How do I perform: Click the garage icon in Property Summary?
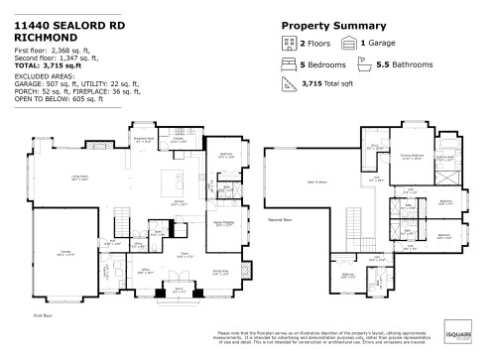(x=348, y=44)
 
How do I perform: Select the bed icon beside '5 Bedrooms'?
(x=288, y=64)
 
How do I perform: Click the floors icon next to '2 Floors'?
(x=288, y=44)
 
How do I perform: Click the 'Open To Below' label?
(x=317, y=183)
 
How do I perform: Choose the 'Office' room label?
(x=145, y=269)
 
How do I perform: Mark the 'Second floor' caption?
(x=281, y=218)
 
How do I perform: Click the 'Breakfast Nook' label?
(x=143, y=139)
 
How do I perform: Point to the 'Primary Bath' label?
(x=443, y=157)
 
